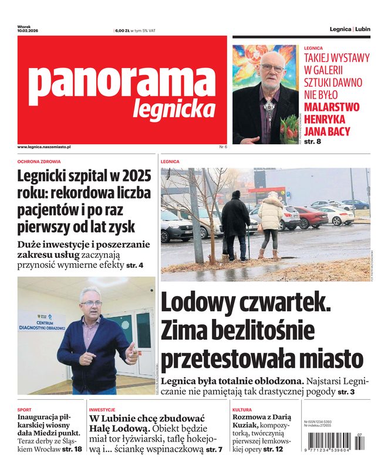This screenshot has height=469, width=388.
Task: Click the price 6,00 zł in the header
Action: tap(122, 30)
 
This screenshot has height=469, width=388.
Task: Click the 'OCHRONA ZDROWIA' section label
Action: tap(39, 161)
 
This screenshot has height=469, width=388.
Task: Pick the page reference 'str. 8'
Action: tap(313, 142)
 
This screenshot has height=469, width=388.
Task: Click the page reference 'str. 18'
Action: tap(72, 449)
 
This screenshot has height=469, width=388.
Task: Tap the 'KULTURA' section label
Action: tap(242, 410)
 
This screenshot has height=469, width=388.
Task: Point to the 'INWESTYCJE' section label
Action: tap(102, 410)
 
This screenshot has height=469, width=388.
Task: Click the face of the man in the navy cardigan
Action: tap(91, 303)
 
